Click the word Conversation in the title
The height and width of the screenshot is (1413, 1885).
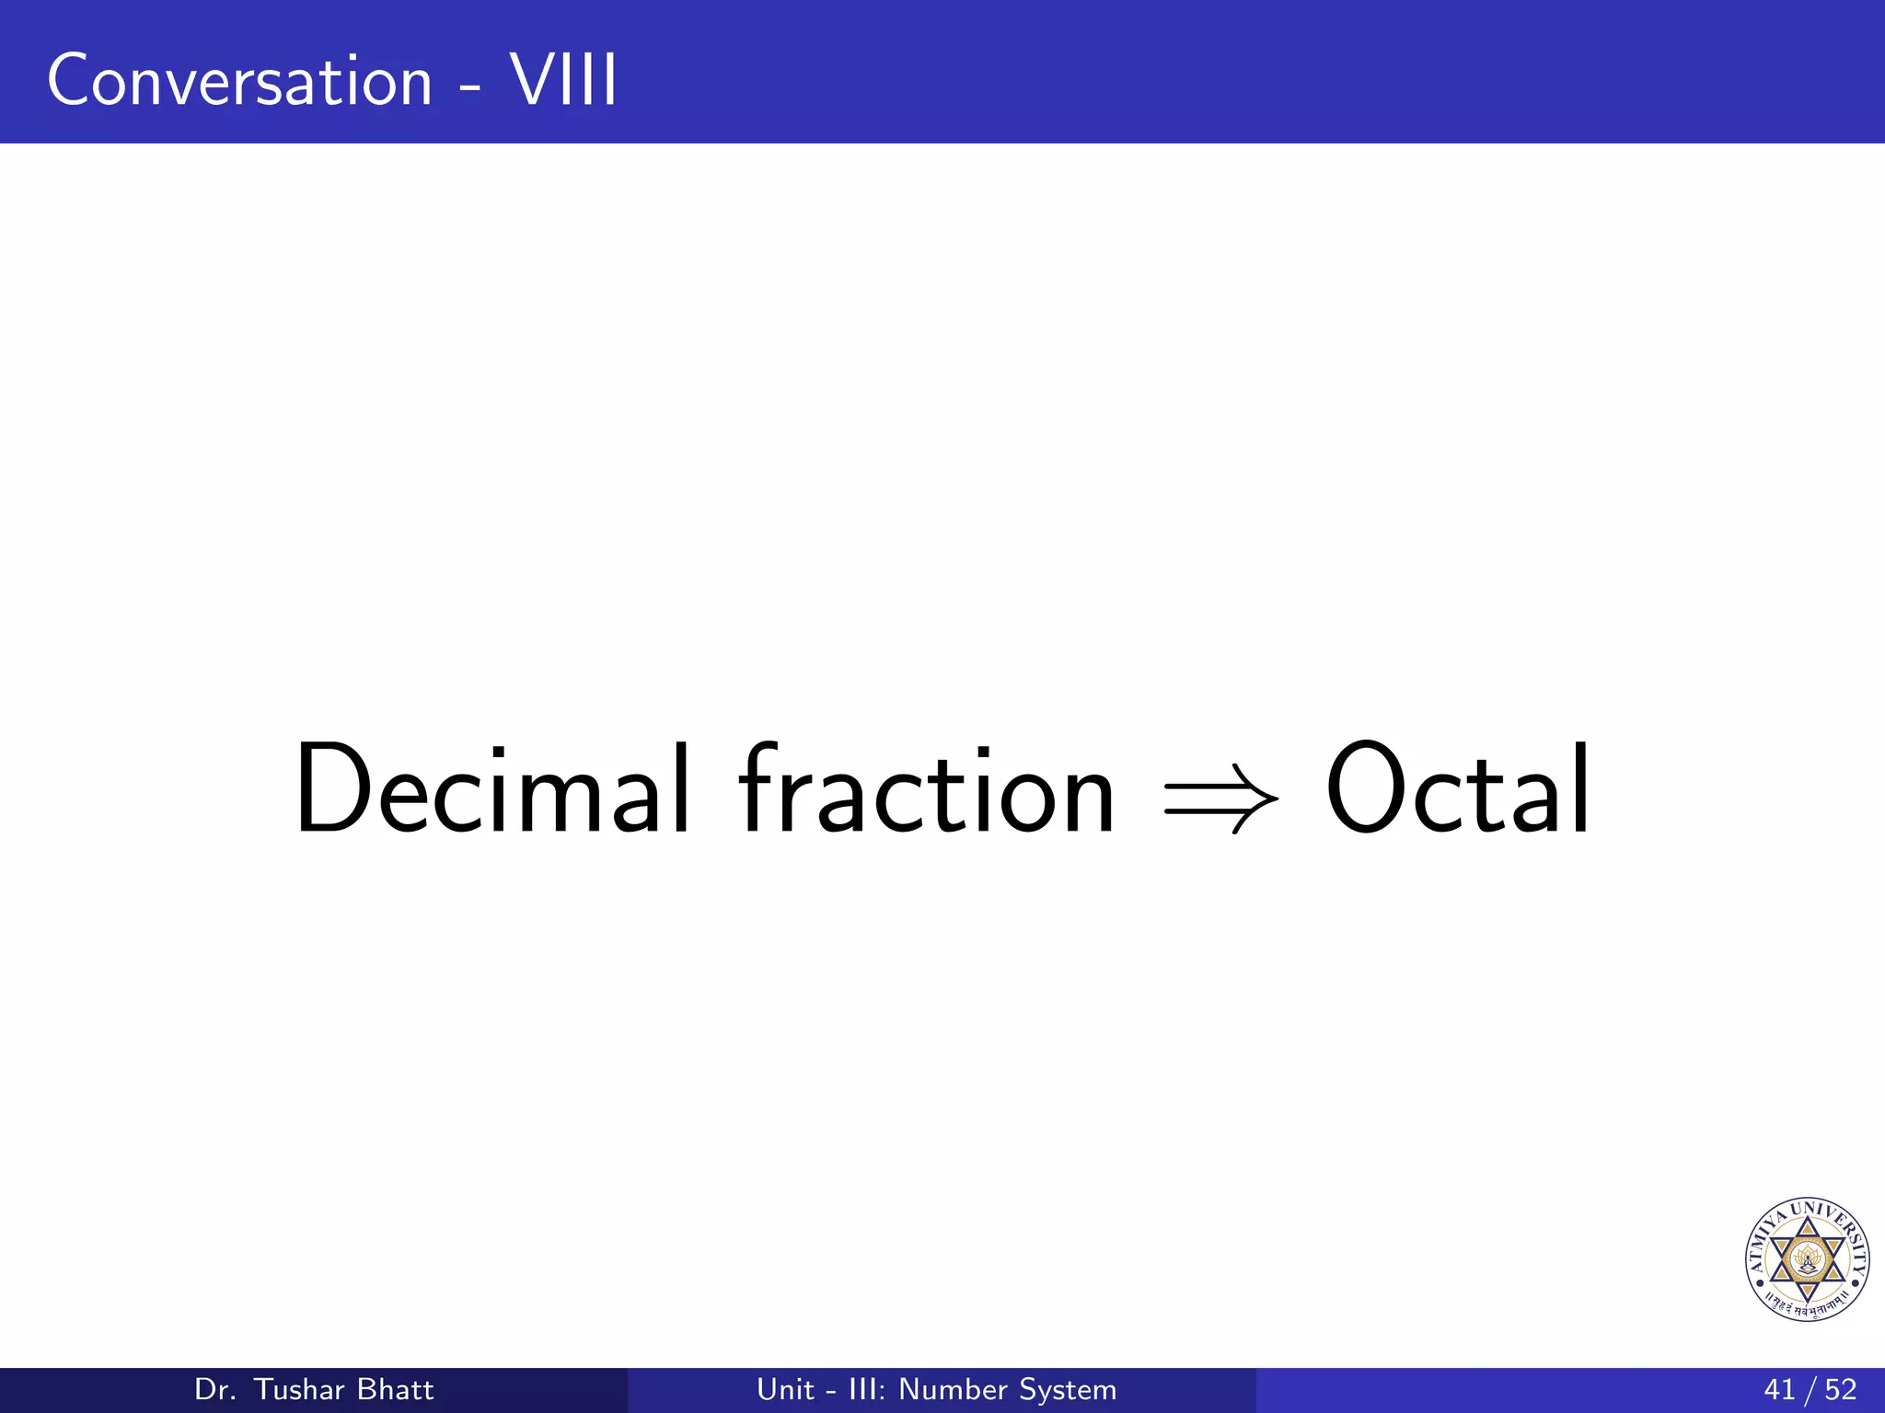point(239,81)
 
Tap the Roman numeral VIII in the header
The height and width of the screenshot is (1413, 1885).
point(563,81)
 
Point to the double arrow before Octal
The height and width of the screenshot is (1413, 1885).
point(1220,797)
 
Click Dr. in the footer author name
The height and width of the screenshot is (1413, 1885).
point(215,1390)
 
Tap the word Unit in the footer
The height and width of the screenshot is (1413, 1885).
point(785,1390)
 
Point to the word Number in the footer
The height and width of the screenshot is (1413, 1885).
point(947,1390)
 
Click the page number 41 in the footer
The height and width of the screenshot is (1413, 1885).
point(1779,1390)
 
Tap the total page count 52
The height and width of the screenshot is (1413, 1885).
point(1841,1390)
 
